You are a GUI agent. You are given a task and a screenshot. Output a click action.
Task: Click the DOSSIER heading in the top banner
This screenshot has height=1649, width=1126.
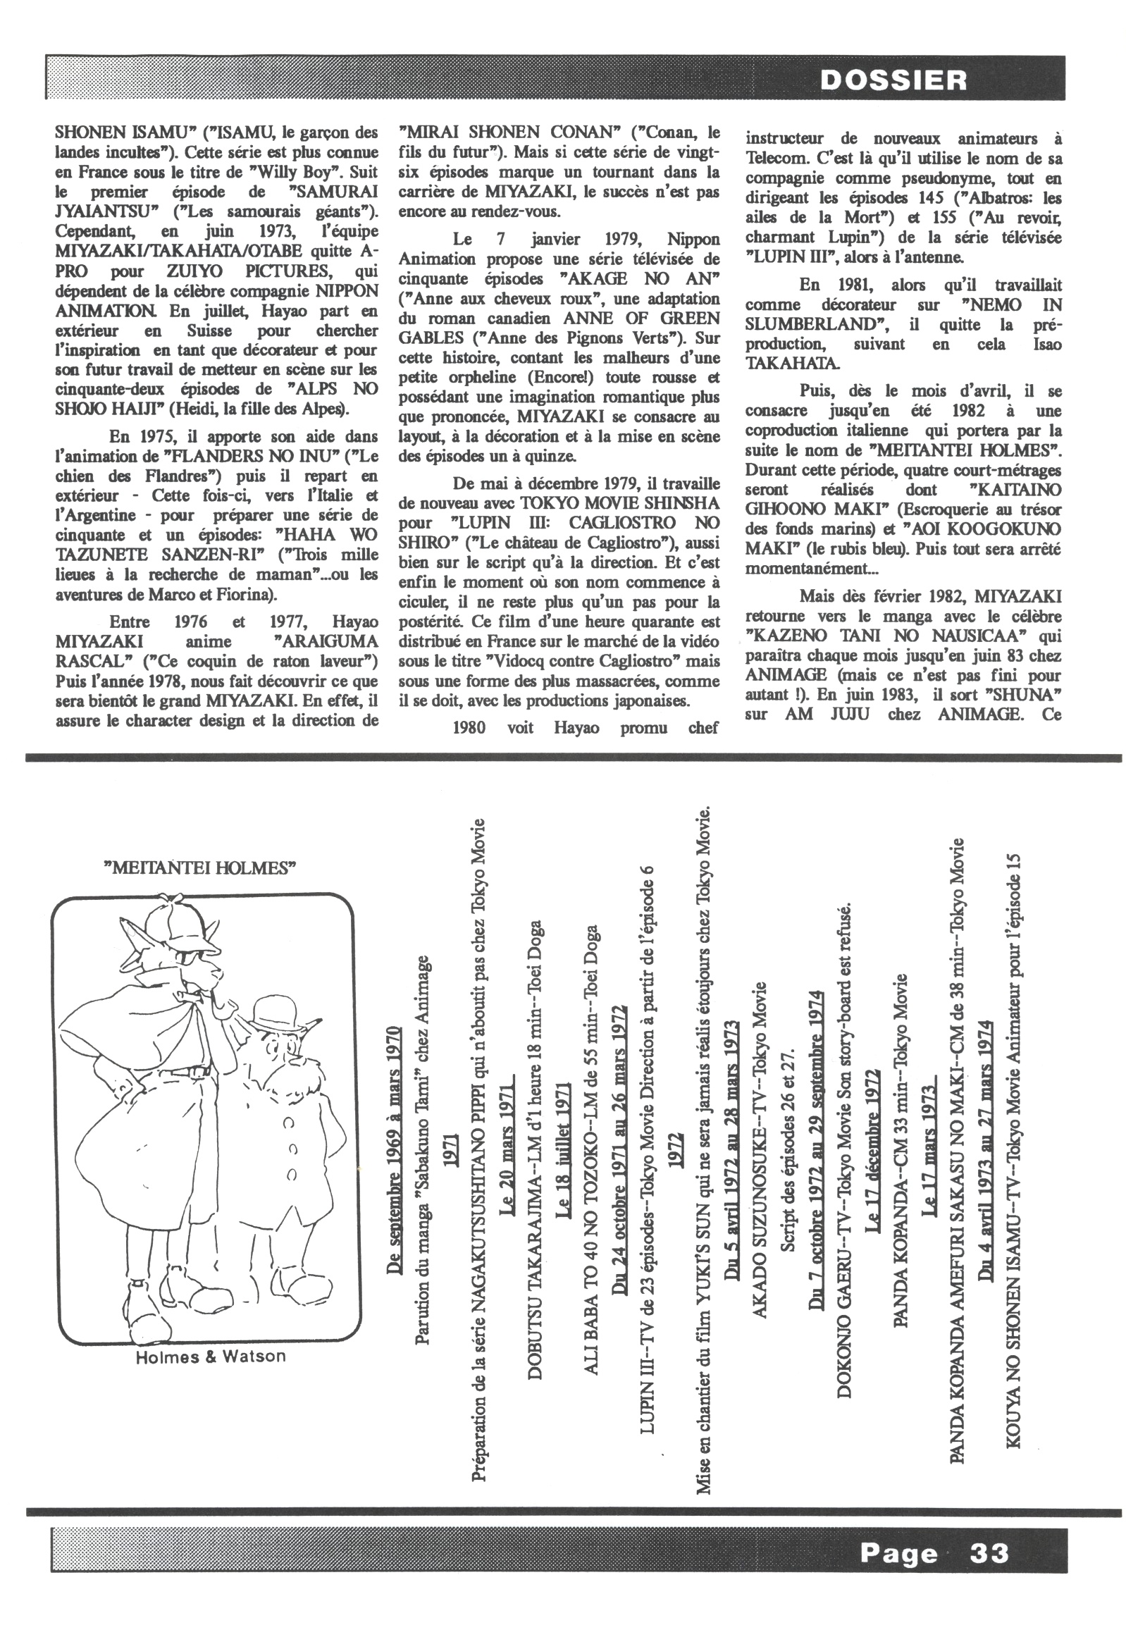click(x=893, y=80)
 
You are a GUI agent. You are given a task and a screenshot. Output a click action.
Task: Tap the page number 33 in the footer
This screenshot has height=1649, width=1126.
click(x=989, y=1553)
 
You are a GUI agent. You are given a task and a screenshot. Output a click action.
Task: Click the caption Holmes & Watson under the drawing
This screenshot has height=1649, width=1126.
click(x=211, y=1356)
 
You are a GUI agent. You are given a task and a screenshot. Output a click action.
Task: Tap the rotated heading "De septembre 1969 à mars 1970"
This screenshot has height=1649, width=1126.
click(x=395, y=1150)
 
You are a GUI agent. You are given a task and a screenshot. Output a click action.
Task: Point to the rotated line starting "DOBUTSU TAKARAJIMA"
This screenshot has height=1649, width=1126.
click(x=536, y=1149)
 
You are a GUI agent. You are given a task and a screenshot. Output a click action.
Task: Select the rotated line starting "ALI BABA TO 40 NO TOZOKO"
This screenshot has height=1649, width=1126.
click(x=592, y=1149)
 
